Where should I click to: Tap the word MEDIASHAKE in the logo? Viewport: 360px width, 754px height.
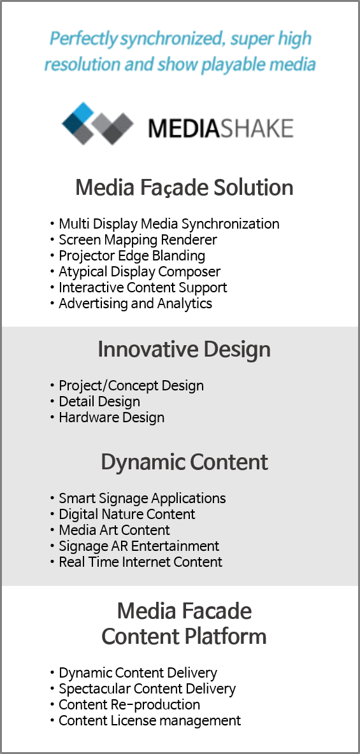point(220,129)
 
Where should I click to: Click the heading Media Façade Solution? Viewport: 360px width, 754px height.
point(184,188)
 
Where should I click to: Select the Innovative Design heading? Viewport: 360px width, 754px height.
point(184,350)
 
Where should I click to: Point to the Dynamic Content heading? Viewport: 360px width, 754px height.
point(184,462)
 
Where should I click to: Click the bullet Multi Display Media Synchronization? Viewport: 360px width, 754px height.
point(169,224)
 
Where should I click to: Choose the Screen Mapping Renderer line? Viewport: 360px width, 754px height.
point(138,239)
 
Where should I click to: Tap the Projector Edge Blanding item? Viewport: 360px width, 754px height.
point(132,255)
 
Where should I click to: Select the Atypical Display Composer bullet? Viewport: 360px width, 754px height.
point(140,271)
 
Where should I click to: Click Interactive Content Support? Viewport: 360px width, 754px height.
point(143,287)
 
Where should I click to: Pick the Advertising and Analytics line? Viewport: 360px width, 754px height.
point(135,303)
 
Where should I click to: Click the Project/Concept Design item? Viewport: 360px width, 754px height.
point(131,386)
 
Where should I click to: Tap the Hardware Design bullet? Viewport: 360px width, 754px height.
point(112,417)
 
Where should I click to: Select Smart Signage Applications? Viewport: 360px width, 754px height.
point(143,498)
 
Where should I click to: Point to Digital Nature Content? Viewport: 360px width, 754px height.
point(127,514)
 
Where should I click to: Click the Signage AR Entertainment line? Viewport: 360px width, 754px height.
point(139,546)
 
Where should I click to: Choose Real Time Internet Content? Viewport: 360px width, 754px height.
point(141,562)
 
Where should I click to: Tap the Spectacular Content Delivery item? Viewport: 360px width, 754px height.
point(147,688)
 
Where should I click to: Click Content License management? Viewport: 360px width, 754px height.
point(150,720)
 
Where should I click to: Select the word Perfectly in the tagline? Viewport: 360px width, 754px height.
point(84,39)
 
